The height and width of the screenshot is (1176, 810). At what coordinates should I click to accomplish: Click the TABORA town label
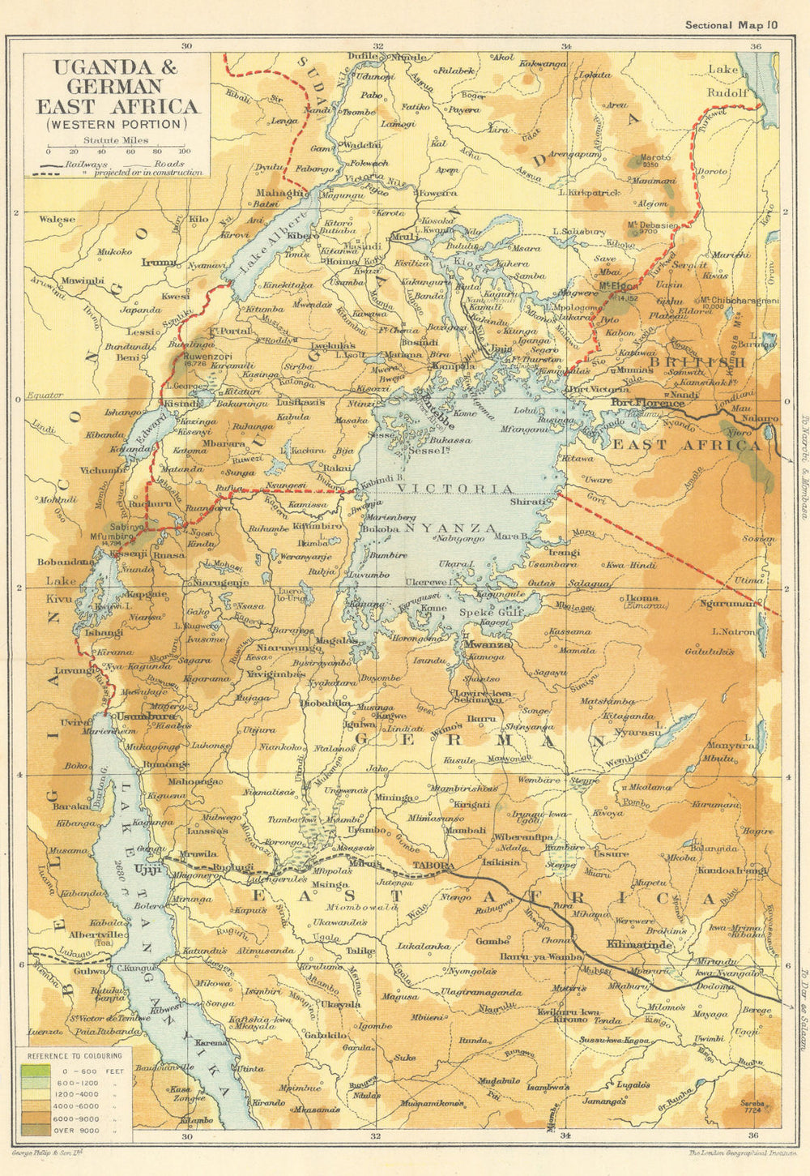[433, 865]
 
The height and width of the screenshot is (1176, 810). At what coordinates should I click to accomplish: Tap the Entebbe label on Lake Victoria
[435, 410]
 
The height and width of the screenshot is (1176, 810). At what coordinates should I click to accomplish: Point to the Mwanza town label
[485, 644]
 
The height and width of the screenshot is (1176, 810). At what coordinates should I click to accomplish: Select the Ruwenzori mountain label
[207, 355]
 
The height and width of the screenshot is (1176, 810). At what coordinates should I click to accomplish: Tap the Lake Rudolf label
[727, 81]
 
